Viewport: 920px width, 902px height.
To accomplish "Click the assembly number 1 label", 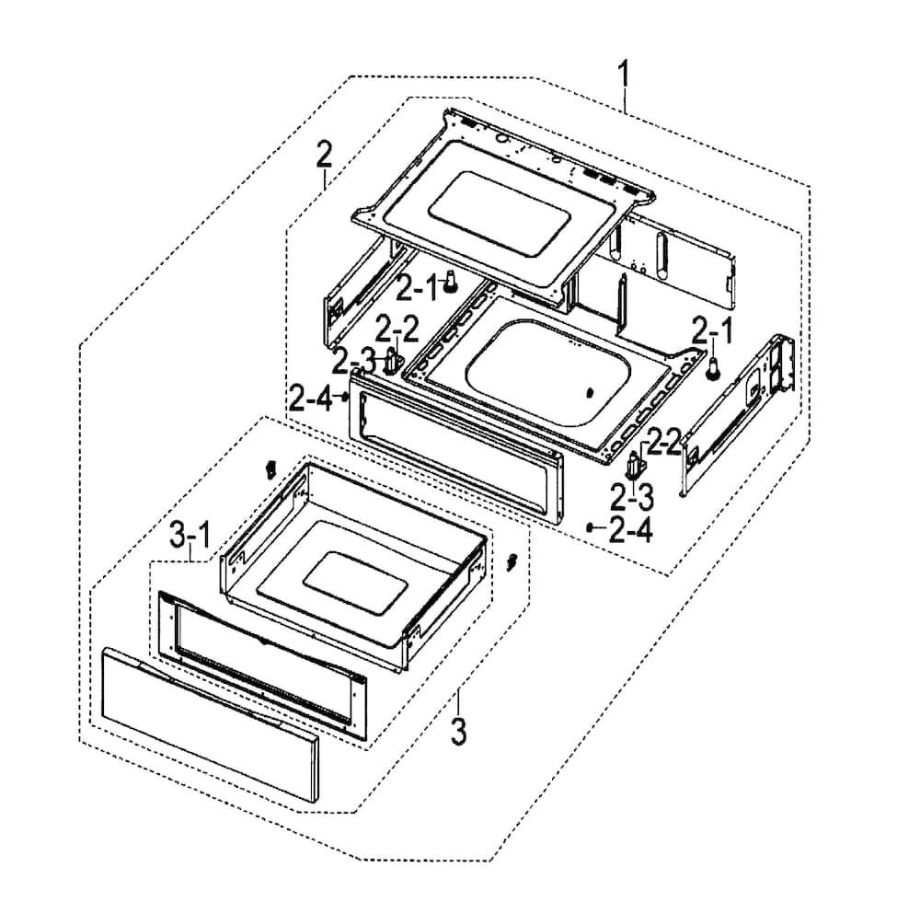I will [625, 74].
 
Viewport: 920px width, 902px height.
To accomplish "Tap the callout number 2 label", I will [323, 154].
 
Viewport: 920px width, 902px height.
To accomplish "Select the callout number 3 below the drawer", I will [458, 732].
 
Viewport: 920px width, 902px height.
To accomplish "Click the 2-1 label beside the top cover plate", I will [417, 290].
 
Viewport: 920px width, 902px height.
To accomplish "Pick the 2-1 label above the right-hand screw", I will [713, 329].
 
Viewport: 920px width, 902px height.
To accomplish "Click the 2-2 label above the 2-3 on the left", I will [397, 328].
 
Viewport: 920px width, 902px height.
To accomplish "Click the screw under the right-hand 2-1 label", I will [713, 369].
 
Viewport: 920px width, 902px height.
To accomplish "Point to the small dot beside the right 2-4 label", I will [590, 527].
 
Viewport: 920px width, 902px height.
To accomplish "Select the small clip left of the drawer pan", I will [270, 469].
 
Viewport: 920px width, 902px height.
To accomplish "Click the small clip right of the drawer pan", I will [513, 561].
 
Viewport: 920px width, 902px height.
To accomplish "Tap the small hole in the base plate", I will [589, 392].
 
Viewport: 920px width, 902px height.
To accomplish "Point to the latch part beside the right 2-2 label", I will [633, 463].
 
